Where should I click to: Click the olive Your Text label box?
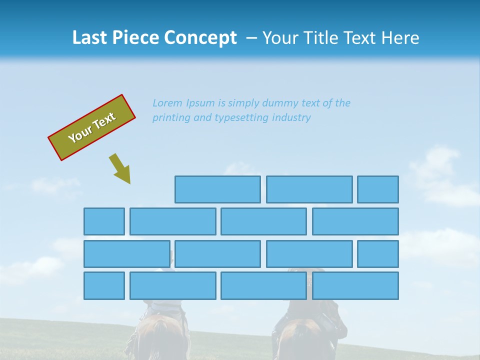[x=91, y=127]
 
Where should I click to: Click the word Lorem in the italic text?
[x=167, y=103]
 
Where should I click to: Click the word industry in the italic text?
[x=292, y=117]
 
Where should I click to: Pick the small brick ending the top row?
[x=377, y=189]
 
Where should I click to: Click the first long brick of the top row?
[x=217, y=189]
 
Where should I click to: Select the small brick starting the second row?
[x=104, y=221]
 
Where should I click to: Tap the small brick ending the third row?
[x=377, y=254]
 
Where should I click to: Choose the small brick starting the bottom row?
[x=104, y=286]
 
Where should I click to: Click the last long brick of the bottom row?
[x=355, y=286]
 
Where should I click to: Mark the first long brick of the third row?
[x=126, y=254]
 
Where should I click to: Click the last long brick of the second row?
[x=355, y=221]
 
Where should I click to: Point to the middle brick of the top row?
[x=309, y=189]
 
